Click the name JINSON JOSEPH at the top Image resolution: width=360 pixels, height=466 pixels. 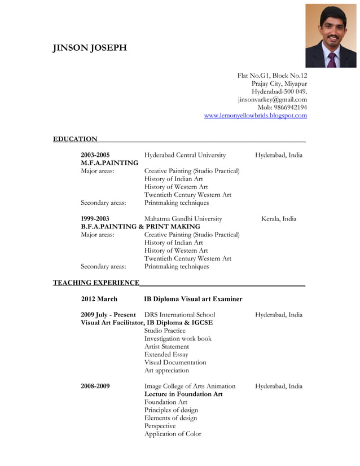tap(90, 48)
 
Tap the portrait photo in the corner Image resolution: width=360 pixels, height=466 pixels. tap(331, 36)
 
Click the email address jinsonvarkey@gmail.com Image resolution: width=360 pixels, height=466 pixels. tap(272, 100)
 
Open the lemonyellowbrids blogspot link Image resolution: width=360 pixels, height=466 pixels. tap(255, 116)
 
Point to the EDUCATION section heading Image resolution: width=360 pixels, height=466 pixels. tap(75, 139)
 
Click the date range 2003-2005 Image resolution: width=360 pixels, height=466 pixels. tap(95, 155)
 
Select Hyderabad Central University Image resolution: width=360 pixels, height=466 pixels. tap(185, 155)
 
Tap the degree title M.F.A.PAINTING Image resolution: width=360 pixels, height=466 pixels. tap(109, 163)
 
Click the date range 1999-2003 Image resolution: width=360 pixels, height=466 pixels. tap(95, 219)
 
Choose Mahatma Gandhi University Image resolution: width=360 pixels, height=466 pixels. tap(183, 219)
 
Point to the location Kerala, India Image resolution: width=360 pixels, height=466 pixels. tap(278, 219)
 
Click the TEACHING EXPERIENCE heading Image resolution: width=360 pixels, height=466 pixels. tap(96, 283)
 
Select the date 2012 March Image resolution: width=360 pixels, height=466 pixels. tap(99, 299)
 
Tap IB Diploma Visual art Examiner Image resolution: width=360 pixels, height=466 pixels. tap(193, 299)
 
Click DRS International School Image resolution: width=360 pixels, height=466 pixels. tap(179, 315)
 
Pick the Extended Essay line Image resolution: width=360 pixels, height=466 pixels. tap(166, 354)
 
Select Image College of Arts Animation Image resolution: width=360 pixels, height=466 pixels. tap(190, 386)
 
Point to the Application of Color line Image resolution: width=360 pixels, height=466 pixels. tap(172, 434)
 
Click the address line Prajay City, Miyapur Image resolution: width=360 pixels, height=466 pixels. tap(279, 84)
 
